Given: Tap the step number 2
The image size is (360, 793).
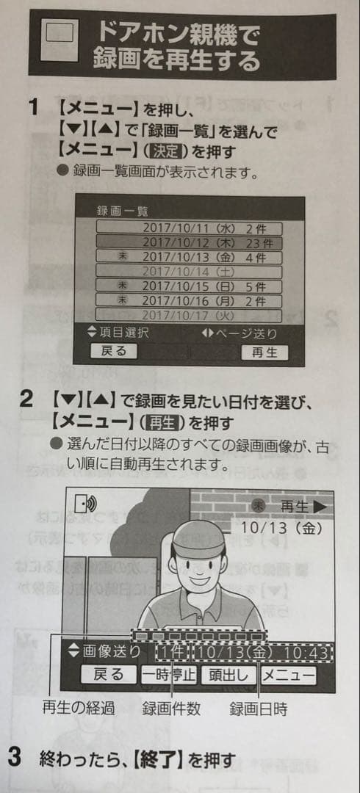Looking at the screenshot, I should (27, 402).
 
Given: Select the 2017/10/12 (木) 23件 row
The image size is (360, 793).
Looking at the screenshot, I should (190, 242).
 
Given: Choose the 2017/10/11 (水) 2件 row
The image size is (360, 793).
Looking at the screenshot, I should (190, 228).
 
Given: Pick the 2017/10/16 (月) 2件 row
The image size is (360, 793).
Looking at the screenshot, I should (190, 300).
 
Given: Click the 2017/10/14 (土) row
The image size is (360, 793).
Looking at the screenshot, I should (190, 270).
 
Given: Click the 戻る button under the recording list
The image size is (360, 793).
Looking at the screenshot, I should (114, 351).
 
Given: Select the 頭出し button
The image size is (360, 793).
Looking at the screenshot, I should (228, 674).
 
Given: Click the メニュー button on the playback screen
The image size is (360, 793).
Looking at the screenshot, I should (287, 674).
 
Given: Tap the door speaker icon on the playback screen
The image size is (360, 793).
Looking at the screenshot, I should (86, 504).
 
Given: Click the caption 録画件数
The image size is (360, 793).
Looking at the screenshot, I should (171, 710).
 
